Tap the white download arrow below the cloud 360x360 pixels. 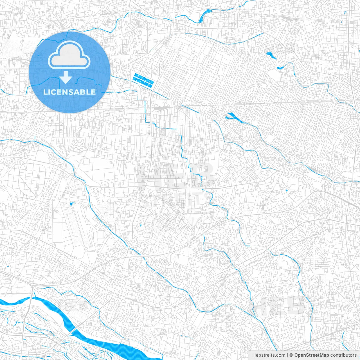click(x=66, y=77)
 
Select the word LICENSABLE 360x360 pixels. click(x=69, y=92)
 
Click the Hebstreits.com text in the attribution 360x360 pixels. click(x=269, y=355)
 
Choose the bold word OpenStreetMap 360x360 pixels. click(x=312, y=355)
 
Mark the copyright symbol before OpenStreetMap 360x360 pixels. click(x=291, y=355)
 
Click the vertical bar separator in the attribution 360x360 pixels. click(x=287, y=355)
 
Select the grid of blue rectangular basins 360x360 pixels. click(x=143, y=80)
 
